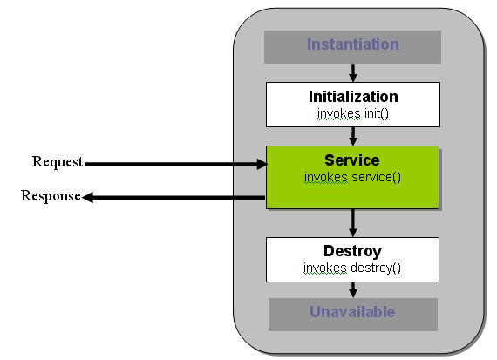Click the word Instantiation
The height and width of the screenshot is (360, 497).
click(352, 44)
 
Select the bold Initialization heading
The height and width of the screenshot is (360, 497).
click(353, 97)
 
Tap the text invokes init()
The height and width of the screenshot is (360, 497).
click(353, 113)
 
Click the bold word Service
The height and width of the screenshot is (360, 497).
click(352, 160)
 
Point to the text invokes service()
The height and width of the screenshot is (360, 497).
click(352, 178)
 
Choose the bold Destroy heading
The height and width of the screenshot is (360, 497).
click(352, 251)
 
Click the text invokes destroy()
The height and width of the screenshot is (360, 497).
click(352, 268)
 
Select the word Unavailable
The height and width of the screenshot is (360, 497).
click(352, 312)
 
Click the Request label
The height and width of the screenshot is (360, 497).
click(58, 162)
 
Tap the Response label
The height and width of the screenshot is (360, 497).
click(51, 196)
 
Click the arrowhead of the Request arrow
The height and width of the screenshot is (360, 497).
click(262, 163)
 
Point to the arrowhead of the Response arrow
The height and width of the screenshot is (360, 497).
click(88, 198)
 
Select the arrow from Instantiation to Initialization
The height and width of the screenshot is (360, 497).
click(353, 72)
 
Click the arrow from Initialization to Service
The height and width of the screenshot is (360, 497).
click(353, 135)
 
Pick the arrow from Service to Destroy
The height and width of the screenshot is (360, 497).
click(353, 222)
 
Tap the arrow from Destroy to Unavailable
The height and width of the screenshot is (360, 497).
click(353, 289)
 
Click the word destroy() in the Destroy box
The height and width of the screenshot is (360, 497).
click(374, 268)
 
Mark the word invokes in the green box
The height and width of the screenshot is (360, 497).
click(325, 178)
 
